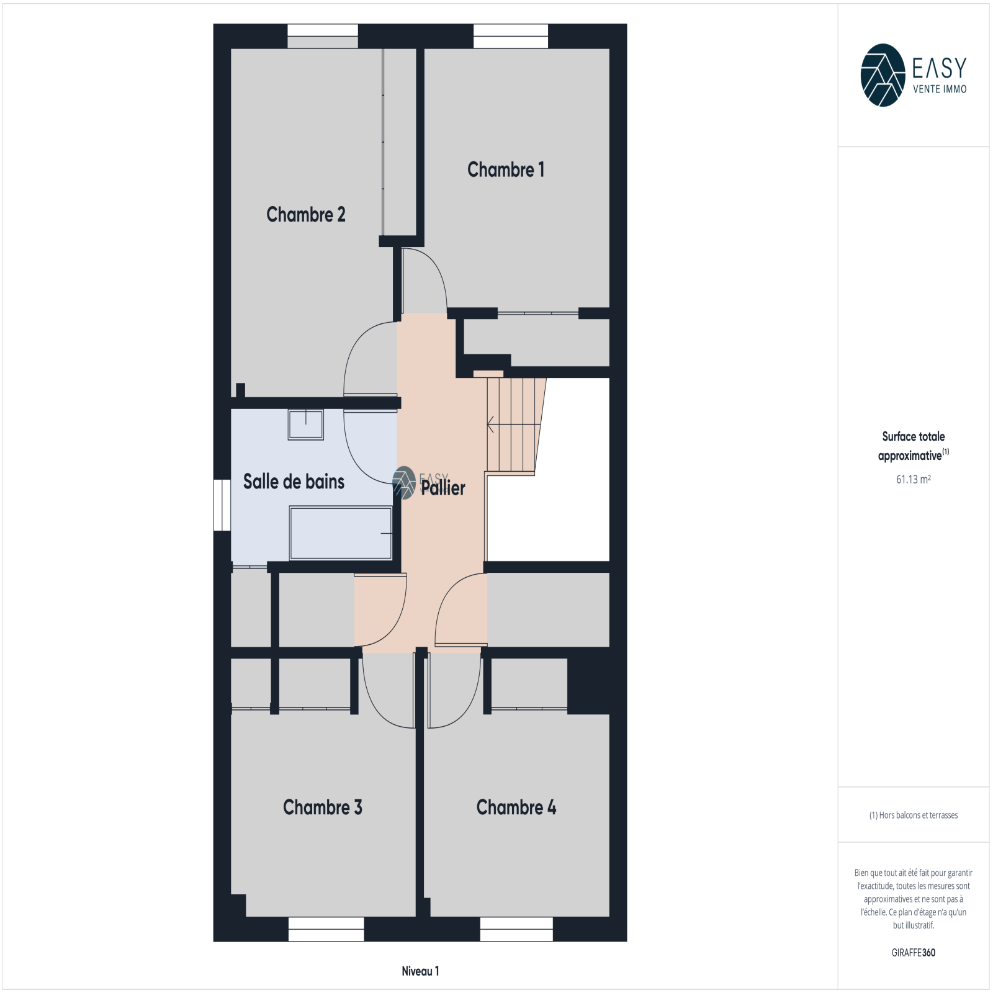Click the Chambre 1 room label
point(506,169)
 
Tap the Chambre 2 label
point(306,214)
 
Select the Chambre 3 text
point(323,807)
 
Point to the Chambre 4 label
point(516,807)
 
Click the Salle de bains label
point(294,481)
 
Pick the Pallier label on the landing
point(443,488)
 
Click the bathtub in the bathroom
point(341,533)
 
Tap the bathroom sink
point(305,425)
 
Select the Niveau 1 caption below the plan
point(420,971)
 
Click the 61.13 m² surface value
point(914,479)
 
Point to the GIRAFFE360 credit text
point(914,953)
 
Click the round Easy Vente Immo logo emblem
point(883,75)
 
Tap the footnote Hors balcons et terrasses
point(914,815)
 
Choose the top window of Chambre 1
point(511,36)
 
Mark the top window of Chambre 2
point(323,36)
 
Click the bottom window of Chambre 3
point(326,929)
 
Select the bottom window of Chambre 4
point(516,929)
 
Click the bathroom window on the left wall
point(222,505)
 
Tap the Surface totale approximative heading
point(914,446)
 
